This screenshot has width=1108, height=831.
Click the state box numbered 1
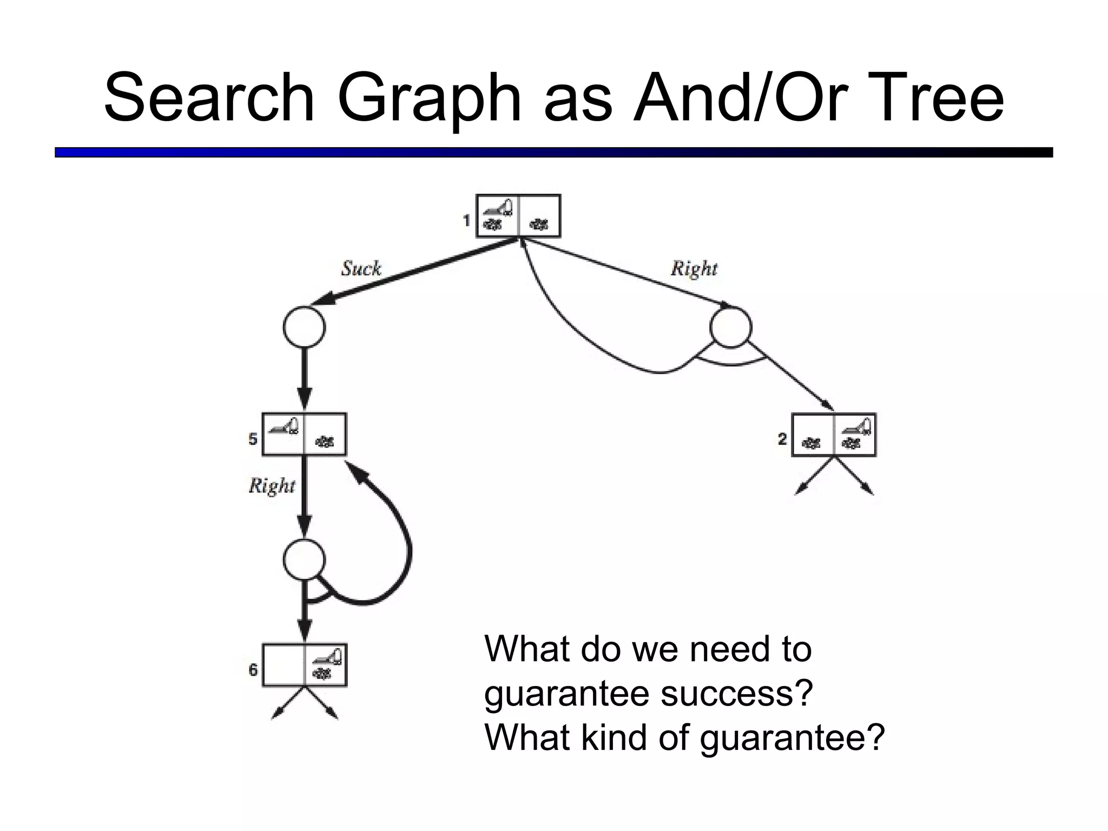518,216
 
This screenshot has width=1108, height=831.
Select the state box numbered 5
304,434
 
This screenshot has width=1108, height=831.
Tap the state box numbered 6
305,665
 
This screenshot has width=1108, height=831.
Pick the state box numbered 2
834,435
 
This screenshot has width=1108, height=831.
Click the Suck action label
361,268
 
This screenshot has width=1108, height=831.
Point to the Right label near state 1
694,268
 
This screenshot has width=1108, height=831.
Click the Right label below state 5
272,485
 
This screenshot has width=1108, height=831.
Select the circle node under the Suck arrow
304,327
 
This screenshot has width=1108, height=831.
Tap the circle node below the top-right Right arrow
730,327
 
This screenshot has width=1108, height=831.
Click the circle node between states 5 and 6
304,560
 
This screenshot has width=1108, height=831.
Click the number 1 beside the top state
466,221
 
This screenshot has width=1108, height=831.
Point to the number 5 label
253,439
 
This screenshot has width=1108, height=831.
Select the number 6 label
253,670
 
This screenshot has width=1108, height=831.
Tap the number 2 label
782,439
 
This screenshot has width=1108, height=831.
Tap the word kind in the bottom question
612,736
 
